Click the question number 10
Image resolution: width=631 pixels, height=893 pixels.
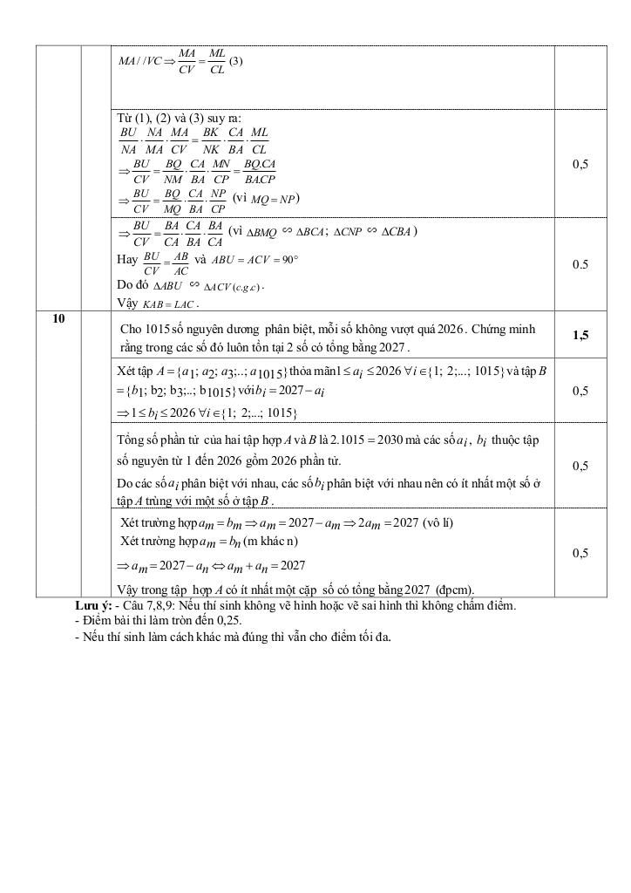(x=58, y=319)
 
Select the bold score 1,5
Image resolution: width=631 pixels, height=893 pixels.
(x=580, y=335)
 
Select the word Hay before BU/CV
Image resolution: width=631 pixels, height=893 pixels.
(x=126, y=259)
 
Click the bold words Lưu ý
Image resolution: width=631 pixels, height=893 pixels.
(x=93, y=604)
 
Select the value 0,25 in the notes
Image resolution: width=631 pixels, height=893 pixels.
(x=227, y=620)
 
